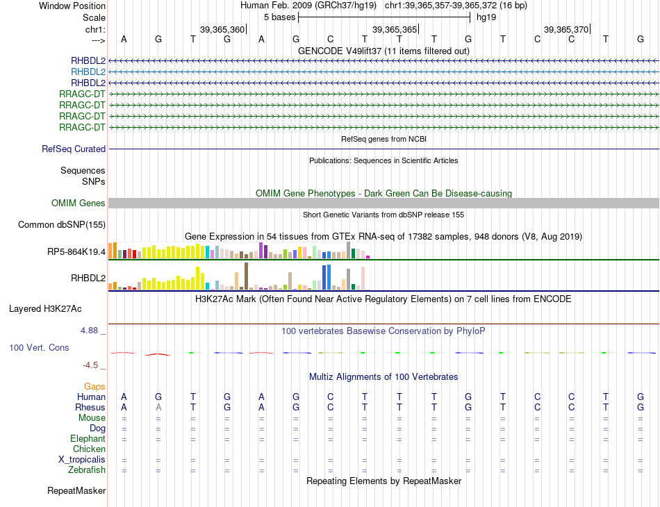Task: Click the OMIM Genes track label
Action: [x=79, y=203]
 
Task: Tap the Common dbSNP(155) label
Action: [x=61, y=225]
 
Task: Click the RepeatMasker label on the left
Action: [x=76, y=491]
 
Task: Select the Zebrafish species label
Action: [x=87, y=470]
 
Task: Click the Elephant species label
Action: [x=88, y=439]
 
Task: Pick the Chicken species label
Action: [x=89, y=449]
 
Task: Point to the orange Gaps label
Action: [x=94, y=386]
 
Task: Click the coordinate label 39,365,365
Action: [x=395, y=30]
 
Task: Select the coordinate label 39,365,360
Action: [x=222, y=30]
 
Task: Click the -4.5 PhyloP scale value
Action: [x=91, y=365]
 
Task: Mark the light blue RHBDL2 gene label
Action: [x=88, y=72]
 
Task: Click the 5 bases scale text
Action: [x=279, y=17]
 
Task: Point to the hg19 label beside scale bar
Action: [x=486, y=17]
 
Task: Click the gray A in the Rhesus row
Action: [x=158, y=407]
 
